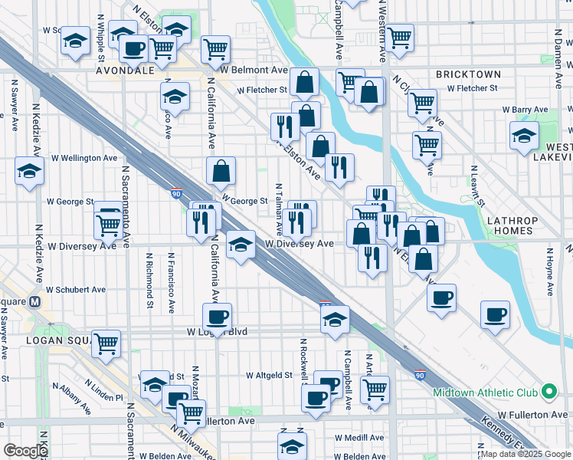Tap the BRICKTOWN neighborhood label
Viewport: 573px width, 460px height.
coord(468,74)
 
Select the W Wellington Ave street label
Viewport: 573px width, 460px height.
coord(83,158)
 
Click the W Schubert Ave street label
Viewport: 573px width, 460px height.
coord(76,290)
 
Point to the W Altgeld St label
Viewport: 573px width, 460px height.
coord(270,376)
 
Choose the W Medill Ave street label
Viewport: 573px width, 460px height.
coord(359,437)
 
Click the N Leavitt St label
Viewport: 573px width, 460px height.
coord(475,186)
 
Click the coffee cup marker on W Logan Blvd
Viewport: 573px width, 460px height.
coord(217,317)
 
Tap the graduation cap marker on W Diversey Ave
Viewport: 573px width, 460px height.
coord(241,245)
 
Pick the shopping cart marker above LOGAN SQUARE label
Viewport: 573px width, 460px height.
coord(106,343)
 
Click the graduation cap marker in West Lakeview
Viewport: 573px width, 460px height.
coord(525,136)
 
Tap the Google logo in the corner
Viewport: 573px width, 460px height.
coord(25,451)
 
